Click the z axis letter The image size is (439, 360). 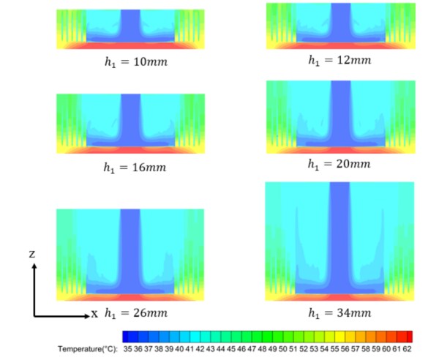coord(34,254)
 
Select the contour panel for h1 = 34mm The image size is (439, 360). coord(341,241)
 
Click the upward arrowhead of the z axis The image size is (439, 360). coord(34,266)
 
